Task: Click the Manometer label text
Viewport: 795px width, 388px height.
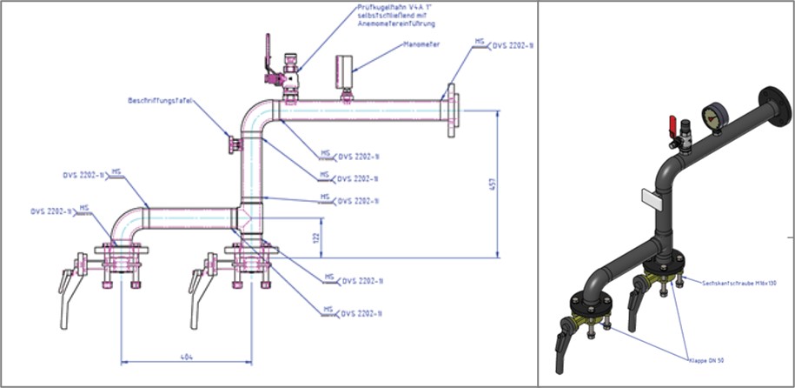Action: pos(422,43)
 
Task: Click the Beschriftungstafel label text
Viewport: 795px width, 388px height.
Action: pos(158,101)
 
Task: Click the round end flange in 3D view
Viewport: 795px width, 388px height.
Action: pos(770,103)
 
